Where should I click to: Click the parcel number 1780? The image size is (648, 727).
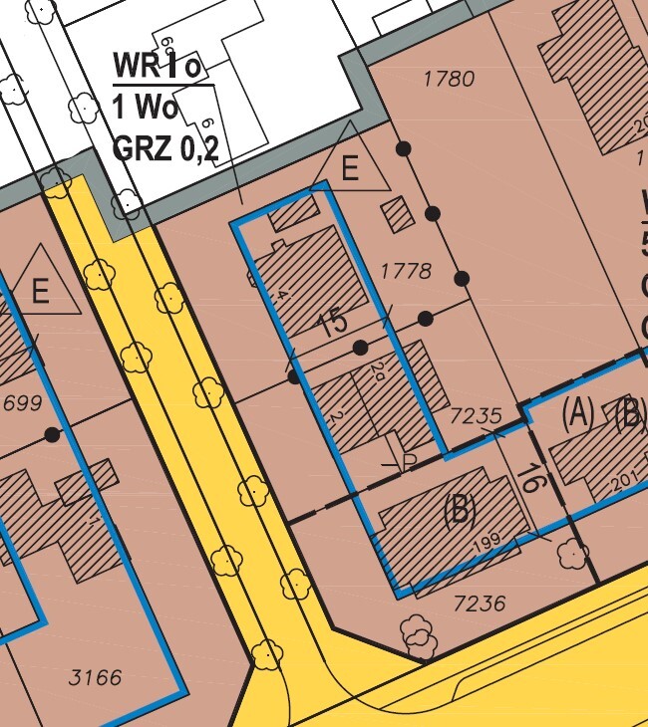click(449, 79)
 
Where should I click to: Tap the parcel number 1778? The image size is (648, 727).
click(406, 271)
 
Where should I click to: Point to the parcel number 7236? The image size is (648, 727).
click(480, 603)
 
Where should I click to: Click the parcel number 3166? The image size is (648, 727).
click(96, 678)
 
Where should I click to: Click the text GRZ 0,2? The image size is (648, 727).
click(165, 148)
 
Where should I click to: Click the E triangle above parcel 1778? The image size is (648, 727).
click(349, 168)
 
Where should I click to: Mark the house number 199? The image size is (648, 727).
click(487, 544)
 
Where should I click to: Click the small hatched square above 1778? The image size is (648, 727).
click(398, 214)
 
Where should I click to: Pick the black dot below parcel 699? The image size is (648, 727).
click(52, 435)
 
